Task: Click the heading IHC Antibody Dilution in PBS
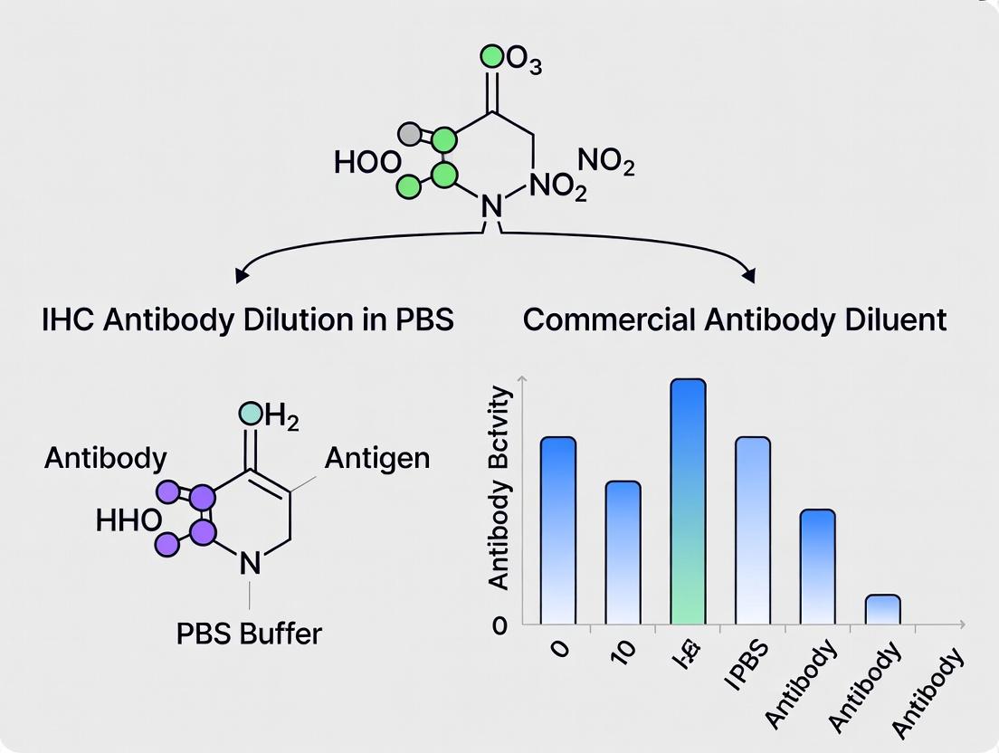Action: pos(247,319)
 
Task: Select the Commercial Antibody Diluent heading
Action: pos(735,319)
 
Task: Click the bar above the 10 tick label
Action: pos(623,552)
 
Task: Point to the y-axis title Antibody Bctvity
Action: pos(499,489)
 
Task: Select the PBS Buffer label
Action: pos(249,633)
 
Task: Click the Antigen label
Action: pos(376,458)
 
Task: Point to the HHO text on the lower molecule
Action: pos(128,520)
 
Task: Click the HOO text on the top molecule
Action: pos(366,163)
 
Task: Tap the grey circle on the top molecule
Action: pos(412,135)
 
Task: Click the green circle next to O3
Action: pos(491,57)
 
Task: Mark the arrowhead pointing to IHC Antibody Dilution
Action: pos(242,273)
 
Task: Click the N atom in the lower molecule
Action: pos(250,565)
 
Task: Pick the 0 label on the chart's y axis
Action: pos(500,624)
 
